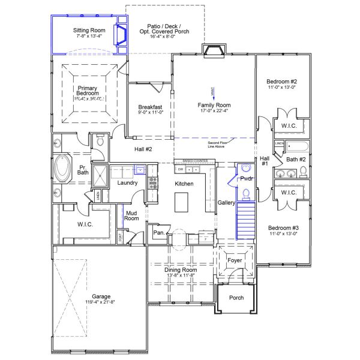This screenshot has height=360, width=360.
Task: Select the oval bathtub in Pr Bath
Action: [62, 169]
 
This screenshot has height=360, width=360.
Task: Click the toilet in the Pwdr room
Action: [246, 193]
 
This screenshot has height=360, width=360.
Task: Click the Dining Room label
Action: [181, 270]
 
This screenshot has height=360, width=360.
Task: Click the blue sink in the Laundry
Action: [140, 170]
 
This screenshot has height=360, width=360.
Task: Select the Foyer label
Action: [234, 261]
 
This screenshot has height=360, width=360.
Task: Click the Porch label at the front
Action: [236, 298]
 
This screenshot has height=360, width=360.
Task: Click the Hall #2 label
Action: [143, 149]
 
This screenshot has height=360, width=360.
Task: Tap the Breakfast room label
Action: [146, 107]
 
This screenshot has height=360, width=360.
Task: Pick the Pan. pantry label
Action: [159, 232]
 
